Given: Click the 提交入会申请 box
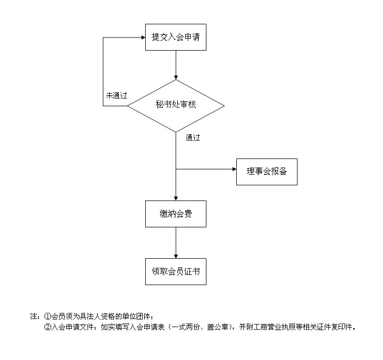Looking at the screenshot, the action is [x=176, y=37].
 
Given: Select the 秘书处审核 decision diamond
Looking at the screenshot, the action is [x=176, y=106].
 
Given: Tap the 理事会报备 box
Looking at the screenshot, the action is [x=267, y=172].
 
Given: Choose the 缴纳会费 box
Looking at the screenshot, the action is [x=176, y=214].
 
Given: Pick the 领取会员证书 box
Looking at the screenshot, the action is [x=176, y=271].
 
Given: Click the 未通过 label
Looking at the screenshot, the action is [x=117, y=95].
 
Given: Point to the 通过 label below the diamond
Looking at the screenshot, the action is [x=193, y=138].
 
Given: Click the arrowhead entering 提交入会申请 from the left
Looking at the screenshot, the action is [x=143, y=37].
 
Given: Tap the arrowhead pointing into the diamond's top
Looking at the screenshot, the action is [x=176, y=77].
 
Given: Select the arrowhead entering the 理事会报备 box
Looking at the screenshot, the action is [x=234, y=169].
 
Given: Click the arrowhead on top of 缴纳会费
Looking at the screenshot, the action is [x=176, y=198].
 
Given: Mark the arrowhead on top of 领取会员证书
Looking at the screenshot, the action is [x=176, y=256].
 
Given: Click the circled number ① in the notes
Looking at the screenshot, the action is [x=48, y=316].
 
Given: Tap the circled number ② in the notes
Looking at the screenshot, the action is [x=48, y=327].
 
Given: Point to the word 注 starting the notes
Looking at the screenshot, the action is [x=34, y=316].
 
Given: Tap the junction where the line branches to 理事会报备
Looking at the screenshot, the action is [x=176, y=169].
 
